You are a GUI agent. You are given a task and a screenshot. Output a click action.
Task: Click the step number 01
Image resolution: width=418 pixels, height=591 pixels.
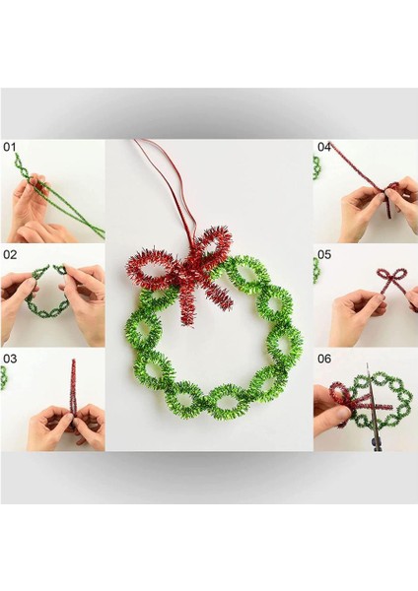click(x=11, y=147)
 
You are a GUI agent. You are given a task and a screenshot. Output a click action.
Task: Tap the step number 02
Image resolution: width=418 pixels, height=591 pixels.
click(x=11, y=253)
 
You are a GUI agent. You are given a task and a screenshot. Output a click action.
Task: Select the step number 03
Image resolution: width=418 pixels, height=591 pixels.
click(x=11, y=359)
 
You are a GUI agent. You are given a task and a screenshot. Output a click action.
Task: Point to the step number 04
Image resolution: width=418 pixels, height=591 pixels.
click(x=323, y=147)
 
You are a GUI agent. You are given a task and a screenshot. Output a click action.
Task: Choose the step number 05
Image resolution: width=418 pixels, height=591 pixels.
click(x=323, y=253)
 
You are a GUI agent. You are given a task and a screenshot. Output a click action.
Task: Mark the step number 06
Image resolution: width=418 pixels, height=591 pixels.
click(x=323, y=359)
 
